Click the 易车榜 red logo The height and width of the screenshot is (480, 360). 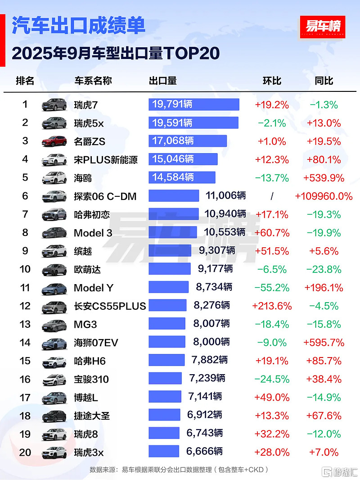click(322, 27)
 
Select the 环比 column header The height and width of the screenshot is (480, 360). click(272, 81)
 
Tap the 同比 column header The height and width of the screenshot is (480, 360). click(324, 81)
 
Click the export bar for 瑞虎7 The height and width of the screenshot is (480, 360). click(193, 104)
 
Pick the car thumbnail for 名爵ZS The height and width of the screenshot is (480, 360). click(54, 141)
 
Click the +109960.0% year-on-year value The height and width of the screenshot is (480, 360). click(324, 196)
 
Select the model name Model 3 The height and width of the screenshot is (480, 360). click(94, 233)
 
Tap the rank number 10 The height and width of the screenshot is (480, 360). click(25, 269)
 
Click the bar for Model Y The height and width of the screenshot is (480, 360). click(168, 288)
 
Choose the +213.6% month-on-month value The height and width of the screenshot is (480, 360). click(272, 306)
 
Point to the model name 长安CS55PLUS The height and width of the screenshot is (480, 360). click(110, 306)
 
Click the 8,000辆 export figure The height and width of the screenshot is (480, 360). click(211, 342)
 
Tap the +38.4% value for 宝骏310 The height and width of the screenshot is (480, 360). click(324, 379)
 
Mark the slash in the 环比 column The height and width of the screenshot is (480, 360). click(272, 196)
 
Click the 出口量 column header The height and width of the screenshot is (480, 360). click(162, 81)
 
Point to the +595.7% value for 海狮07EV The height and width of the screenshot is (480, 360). click(324, 343)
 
